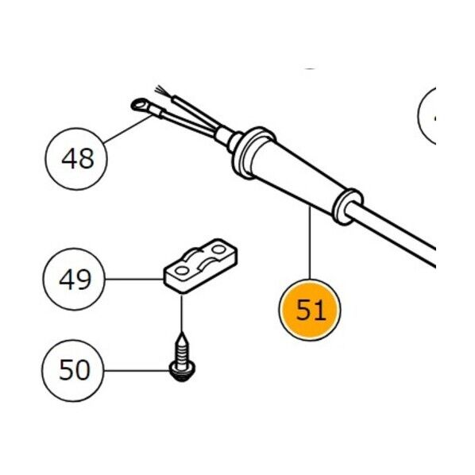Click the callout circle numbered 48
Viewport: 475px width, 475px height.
click(76, 159)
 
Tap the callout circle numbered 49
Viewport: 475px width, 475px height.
click(74, 279)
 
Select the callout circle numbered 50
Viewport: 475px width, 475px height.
click(73, 370)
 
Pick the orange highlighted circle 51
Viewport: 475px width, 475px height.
click(310, 310)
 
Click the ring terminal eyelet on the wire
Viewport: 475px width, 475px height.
click(138, 105)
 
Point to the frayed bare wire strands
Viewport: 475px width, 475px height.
click(161, 91)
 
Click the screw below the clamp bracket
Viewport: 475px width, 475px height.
click(182, 357)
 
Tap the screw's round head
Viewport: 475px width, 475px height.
click(182, 373)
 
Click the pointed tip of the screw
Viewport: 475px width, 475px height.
click(182, 334)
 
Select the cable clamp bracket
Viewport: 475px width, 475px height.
click(200, 265)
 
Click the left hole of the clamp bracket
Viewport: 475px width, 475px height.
click(182, 270)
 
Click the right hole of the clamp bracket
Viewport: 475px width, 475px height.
click(218, 249)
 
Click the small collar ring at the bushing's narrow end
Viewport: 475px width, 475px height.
click(347, 207)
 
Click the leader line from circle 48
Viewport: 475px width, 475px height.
click(128, 129)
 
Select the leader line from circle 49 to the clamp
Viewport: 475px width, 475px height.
click(134, 279)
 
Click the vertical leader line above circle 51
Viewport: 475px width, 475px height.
click(310, 242)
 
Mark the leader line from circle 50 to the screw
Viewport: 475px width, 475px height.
click(137, 370)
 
